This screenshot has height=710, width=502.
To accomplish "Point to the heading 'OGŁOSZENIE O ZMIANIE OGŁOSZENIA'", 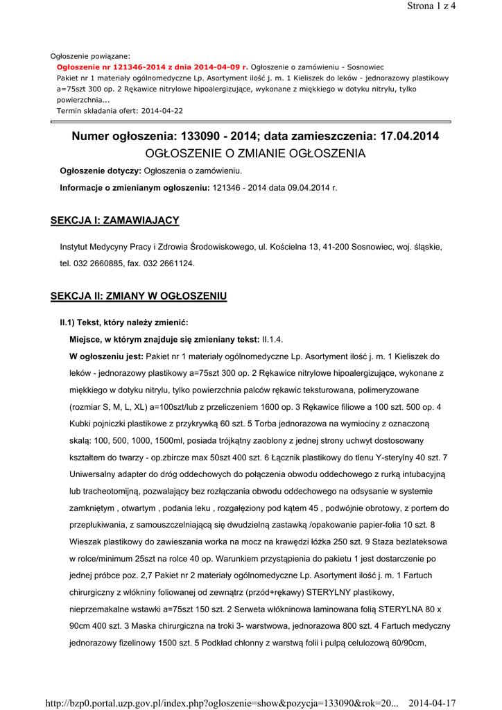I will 254,153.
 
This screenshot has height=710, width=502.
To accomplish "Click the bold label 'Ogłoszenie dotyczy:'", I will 101,171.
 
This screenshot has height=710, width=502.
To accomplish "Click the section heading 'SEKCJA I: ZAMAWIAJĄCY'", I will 115,220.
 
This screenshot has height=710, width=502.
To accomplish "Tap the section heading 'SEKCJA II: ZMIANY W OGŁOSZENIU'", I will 139,296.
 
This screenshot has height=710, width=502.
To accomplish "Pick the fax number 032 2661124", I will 169,263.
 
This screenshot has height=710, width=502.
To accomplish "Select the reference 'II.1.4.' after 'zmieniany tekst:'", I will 272,339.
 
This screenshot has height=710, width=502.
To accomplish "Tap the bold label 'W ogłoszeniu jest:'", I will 106,356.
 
